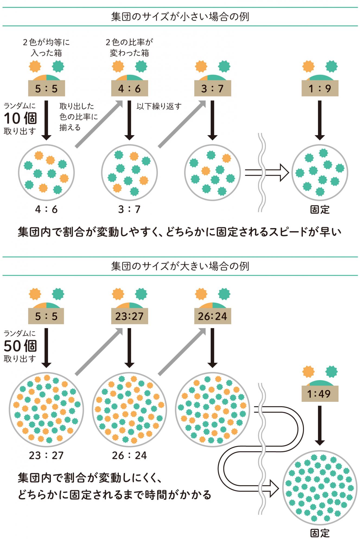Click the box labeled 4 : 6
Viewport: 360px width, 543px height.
pos(129,89)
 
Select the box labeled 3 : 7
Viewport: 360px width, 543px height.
pos(212,89)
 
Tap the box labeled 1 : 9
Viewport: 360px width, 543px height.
pos(320,89)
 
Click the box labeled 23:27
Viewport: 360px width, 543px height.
pos(129,316)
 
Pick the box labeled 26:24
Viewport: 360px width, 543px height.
pos(212,316)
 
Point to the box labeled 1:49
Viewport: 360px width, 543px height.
pos(320,394)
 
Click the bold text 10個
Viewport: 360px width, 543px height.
pos(20,118)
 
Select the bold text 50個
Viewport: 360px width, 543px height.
pos(20,346)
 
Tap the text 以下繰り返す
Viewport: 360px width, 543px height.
pos(159,106)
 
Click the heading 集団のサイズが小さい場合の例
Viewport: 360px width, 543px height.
pos(180,17)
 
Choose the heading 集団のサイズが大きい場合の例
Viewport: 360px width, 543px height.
pos(180,266)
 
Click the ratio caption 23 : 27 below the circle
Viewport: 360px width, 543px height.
pos(46,455)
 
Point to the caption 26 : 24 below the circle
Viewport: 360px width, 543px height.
pos(129,455)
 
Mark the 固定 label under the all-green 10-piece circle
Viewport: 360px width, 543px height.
pos(320,210)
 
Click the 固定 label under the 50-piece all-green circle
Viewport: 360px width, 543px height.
pos(320,533)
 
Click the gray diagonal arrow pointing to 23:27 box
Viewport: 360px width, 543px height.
pos(99,352)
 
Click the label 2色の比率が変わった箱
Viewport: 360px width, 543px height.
pos(129,48)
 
